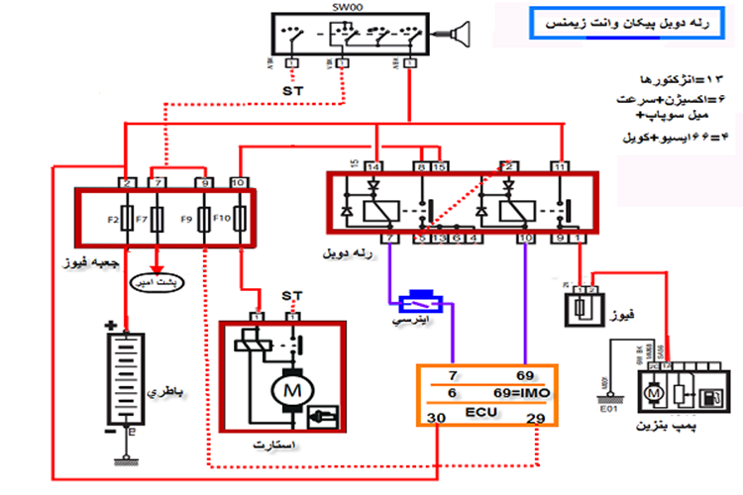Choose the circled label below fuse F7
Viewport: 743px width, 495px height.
click(x=159, y=280)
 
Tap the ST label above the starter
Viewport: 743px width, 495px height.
click(x=291, y=296)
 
